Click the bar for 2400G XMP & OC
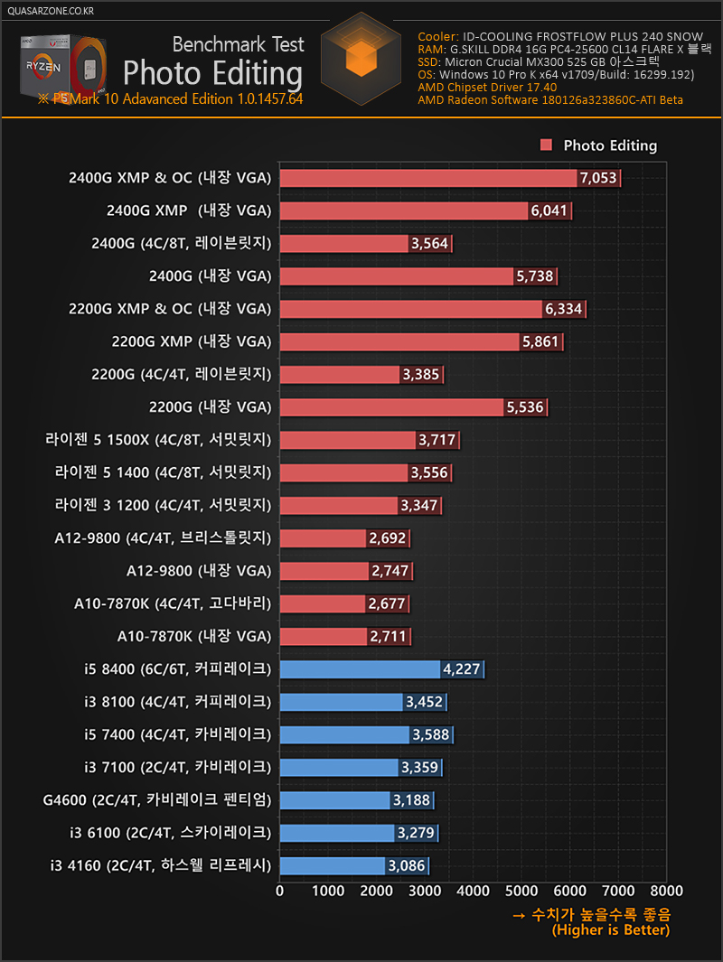click(x=428, y=178)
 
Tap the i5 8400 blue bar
click(x=360, y=669)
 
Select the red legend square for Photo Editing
click(x=546, y=145)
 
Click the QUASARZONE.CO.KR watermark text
click(x=50, y=11)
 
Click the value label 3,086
click(x=407, y=865)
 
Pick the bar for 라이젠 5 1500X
click(x=348, y=440)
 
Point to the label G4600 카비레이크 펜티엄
click(x=156, y=799)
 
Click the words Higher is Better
click(x=611, y=930)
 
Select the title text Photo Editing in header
click(x=212, y=71)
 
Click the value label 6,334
click(x=565, y=309)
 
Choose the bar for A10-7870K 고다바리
click(x=323, y=603)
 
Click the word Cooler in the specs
click(x=437, y=37)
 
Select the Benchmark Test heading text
click(x=238, y=44)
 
